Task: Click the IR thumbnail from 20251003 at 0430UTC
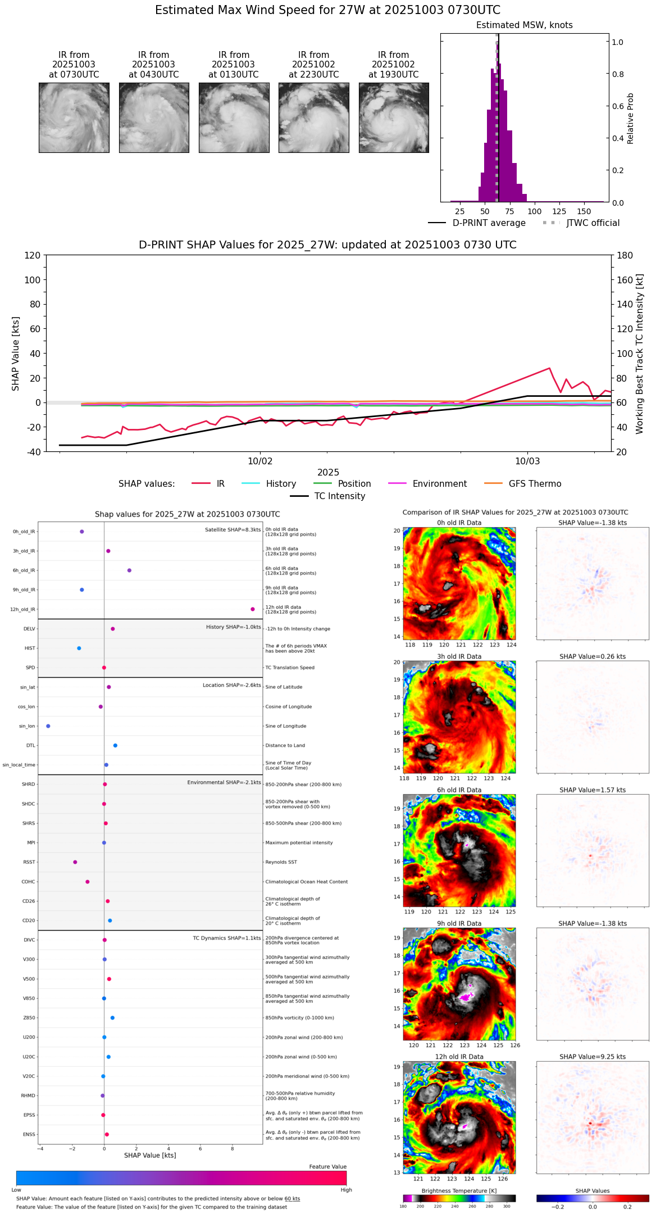click(x=154, y=117)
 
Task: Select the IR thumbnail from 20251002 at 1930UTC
click(x=394, y=117)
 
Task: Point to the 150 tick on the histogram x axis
click(x=584, y=211)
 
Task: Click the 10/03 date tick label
click(x=527, y=461)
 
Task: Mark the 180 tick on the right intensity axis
click(x=625, y=255)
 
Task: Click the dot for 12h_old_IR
click(x=253, y=609)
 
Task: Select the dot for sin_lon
click(x=48, y=726)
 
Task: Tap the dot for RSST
click(x=75, y=862)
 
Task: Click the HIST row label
click(x=30, y=649)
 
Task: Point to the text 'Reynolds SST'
click(x=281, y=862)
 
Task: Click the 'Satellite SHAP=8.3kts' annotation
click(x=233, y=530)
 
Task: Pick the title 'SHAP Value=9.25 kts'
click(x=593, y=1057)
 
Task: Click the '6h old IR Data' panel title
click(x=459, y=790)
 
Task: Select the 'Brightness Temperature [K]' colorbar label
click(x=458, y=1191)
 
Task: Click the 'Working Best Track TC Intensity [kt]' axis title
click(x=640, y=354)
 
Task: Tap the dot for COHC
click(x=88, y=882)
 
